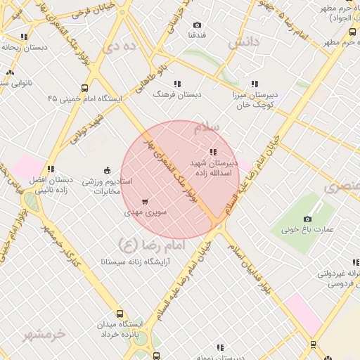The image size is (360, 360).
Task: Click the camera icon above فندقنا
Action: pos(197,25)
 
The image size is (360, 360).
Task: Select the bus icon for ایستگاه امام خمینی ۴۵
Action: pos(85,89)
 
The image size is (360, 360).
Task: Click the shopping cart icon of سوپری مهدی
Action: pos(145,202)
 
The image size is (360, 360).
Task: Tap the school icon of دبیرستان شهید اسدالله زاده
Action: pos(213,152)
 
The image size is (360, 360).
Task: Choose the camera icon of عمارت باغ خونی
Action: pos(307,219)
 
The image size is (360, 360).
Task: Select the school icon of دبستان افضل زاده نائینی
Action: pos(51,169)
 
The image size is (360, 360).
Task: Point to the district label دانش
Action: pos(243,43)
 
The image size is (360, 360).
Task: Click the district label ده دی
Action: pos(117,48)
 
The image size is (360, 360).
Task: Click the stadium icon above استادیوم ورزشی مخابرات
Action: pos(107,169)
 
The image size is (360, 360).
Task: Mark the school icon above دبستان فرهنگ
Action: pos(177,84)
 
